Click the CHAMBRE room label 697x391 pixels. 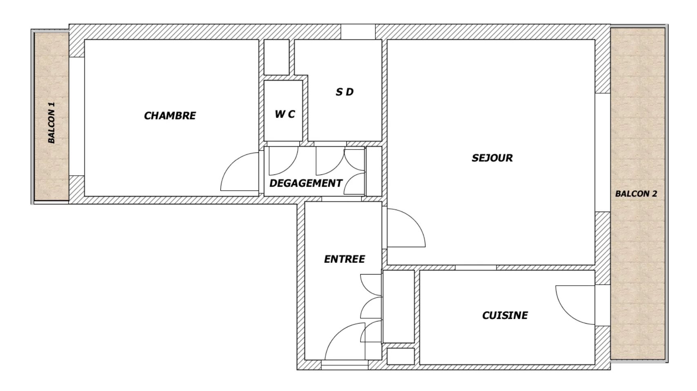point(170,116)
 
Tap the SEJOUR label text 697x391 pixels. point(492,158)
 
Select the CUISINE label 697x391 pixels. point(505,316)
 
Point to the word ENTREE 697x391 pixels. point(345,259)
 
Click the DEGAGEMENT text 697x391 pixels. point(306,183)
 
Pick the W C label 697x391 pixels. point(285,114)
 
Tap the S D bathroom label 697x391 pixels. point(345,92)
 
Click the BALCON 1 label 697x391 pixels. point(51,123)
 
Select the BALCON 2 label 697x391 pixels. point(636,194)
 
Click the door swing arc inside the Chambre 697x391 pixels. point(232,163)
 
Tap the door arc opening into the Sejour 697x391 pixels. point(414,220)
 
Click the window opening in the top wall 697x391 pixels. point(358,32)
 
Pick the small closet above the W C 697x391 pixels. point(276,57)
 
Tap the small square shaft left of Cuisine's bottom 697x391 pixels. point(401,356)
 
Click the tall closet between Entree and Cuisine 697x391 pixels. point(398,307)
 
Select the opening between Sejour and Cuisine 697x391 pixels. point(476,268)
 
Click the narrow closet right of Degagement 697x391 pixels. point(374,171)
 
